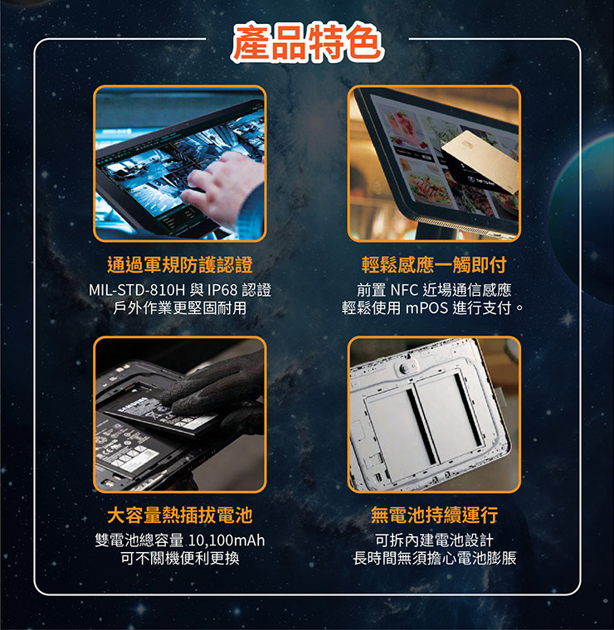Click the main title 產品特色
[307, 42]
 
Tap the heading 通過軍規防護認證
[180, 264]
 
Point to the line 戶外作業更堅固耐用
[180, 308]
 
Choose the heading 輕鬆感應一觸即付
[434, 264]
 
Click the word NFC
[405, 289]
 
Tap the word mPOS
[426, 308]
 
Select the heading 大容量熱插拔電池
[180, 515]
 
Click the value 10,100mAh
[227, 540]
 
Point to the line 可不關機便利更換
[180, 558]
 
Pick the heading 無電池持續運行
[434, 515]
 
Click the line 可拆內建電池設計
[434, 540]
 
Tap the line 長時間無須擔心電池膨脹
[434, 558]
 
